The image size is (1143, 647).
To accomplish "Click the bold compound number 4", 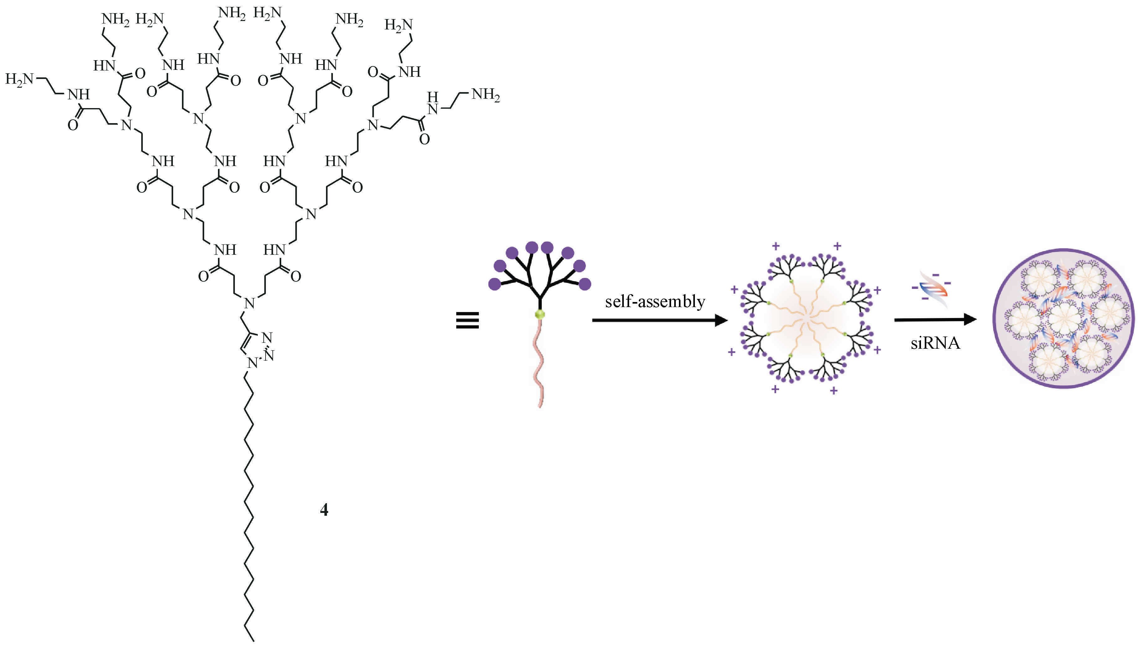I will [324, 510].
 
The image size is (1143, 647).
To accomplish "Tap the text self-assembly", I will [655, 302].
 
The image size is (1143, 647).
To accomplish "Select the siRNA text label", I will [935, 343].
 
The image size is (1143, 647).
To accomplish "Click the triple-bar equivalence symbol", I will [467, 321].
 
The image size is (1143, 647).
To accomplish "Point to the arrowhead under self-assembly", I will [720, 320].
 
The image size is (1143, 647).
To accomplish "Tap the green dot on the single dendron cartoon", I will [540, 315].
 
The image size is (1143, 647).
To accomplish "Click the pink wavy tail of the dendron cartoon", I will [539, 364].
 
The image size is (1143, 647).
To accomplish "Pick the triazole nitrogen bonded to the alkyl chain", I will [252, 363].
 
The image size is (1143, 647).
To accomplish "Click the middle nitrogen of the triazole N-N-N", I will [269, 356].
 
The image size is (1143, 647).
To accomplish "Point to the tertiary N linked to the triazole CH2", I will [250, 304].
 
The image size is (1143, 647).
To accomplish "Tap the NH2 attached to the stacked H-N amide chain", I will [485, 94].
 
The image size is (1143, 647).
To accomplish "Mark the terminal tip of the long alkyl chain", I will [253, 641].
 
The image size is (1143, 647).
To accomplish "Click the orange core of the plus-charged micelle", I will [806, 318].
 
